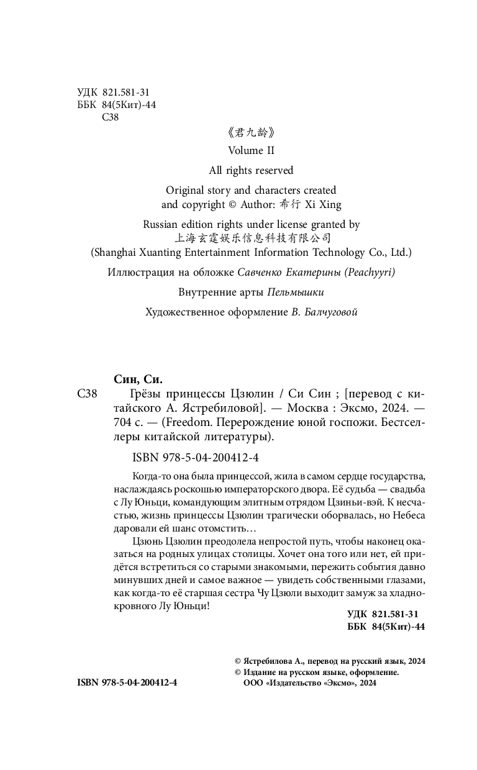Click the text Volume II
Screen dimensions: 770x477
tap(251, 150)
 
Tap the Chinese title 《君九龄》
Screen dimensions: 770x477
tap(251, 132)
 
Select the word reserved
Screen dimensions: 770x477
tap(272, 170)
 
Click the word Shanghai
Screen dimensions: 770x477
tap(116, 253)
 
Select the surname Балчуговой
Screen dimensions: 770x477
tap(333, 312)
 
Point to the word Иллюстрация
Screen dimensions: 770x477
tap(142, 273)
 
